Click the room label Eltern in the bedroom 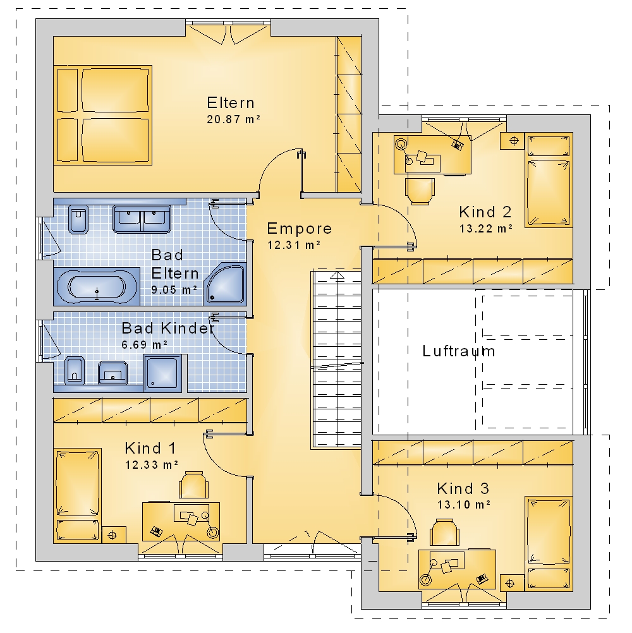coord(231,103)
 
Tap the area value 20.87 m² coord(233,119)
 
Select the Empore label coord(299,229)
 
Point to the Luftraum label coord(458,351)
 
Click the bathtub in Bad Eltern coord(97,287)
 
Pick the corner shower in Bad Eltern coord(225,284)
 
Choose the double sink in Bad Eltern coord(142,219)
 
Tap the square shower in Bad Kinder coord(163,373)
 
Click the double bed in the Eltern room coord(103,116)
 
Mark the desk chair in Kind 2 coord(420,191)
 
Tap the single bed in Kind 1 coord(77,495)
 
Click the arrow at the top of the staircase coord(337,275)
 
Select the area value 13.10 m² coord(464,505)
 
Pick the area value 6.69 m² coord(145,345)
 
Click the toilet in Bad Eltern coord(78,220)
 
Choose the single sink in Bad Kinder coord(112,373)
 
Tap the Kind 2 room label coord(485,212)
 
